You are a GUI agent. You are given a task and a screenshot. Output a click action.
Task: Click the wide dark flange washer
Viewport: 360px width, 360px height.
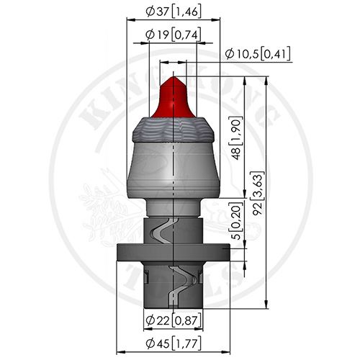click(174, 253)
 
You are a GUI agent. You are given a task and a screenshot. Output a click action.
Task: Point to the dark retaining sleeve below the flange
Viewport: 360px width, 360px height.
click(174, 284)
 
